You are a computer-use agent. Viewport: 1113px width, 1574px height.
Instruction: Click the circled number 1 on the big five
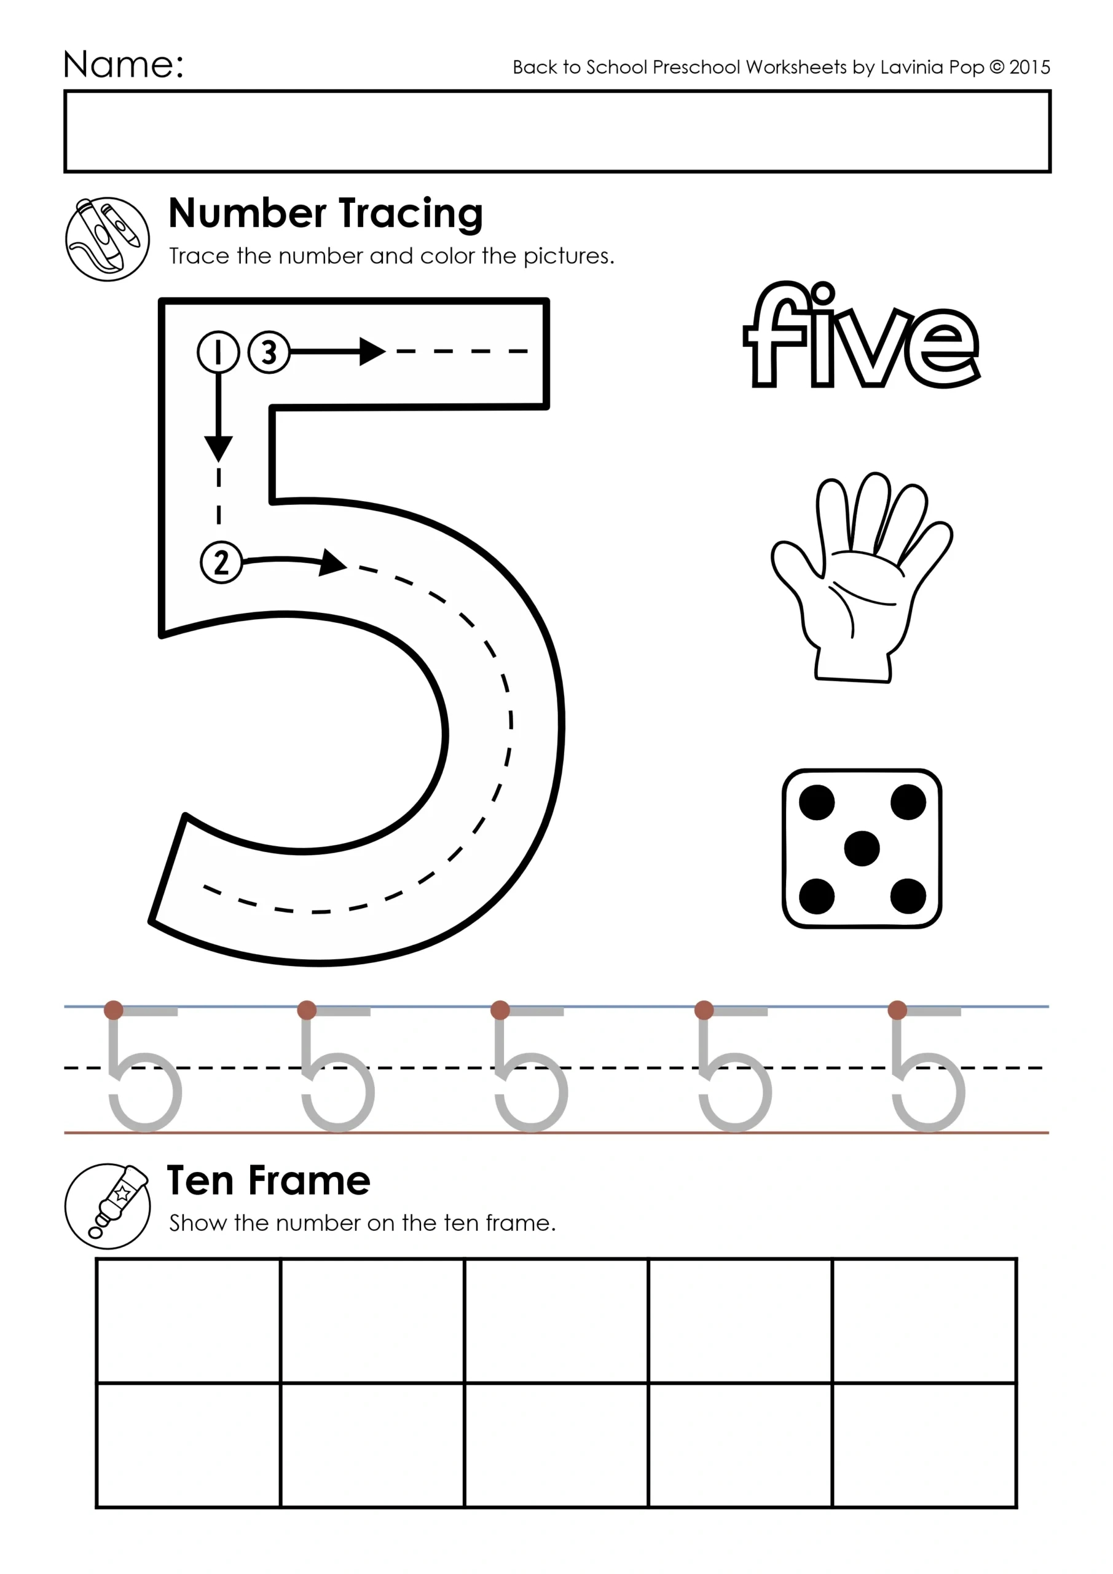point(218,352)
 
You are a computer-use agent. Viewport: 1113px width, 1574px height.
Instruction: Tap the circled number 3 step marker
point(269,352)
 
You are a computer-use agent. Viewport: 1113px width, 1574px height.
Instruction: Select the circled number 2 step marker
point(221,563)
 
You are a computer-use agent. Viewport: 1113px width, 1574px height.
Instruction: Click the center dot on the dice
point(862,848)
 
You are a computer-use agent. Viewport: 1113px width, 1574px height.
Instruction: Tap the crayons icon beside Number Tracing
point(107,239)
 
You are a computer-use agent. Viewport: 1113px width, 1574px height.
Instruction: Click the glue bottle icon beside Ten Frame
point(107,1206)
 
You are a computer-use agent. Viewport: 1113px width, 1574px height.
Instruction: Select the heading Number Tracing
point(326,213)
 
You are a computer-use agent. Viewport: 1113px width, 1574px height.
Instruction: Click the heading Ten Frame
point(269,1181)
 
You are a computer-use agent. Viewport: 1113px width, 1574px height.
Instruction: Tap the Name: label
point(124,65)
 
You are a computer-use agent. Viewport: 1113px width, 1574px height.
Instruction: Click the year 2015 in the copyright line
point(1029,67)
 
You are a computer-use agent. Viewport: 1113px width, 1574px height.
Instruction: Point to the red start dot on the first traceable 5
point(114,1010)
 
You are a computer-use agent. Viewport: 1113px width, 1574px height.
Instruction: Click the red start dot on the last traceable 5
point(897,1010)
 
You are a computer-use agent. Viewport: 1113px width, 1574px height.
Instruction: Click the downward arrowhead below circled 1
point(219,449)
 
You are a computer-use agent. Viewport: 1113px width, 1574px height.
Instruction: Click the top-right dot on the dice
point(908,802)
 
